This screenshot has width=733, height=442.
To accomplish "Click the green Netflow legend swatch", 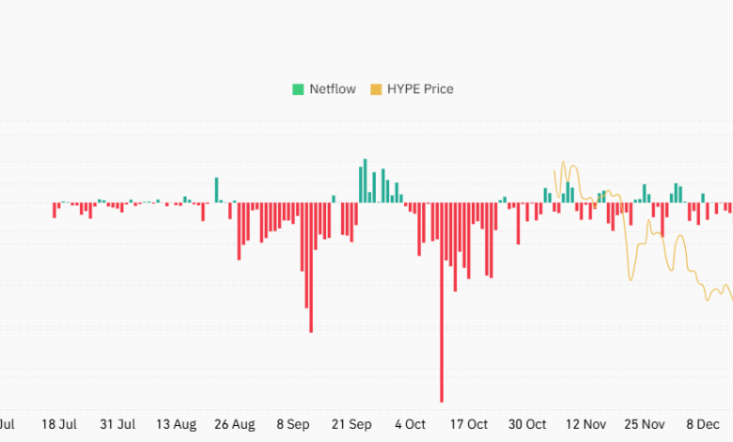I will click(x=298, y=89).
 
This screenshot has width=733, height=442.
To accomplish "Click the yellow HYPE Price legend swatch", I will click(x=376, y=89).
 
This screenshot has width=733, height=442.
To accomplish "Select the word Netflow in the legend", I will click(x=334, y=89).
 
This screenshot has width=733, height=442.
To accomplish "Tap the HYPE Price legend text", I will click(x=420, y=89).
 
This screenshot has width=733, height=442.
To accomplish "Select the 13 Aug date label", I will click(x=176, y=424).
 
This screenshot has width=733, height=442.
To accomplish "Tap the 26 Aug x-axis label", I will click(x=235, y=424).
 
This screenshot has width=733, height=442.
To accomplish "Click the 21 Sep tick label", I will click(x=351, y=424).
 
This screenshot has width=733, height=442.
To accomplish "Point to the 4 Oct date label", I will click(x=410, y=424).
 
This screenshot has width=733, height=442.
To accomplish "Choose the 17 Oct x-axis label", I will click(x=469, y=424).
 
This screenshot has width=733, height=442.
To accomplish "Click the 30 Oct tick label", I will click(x=527, y=424).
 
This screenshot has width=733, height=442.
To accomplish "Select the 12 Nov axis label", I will click(x=586, y=424).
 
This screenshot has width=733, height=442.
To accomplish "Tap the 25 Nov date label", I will click(x=646, y=424).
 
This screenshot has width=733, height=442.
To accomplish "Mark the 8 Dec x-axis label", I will click(x=704, y=424).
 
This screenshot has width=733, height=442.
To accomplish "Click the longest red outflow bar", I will click(x=442, y=301).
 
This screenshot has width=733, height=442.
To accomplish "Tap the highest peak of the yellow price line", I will click(x=564, y=163).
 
